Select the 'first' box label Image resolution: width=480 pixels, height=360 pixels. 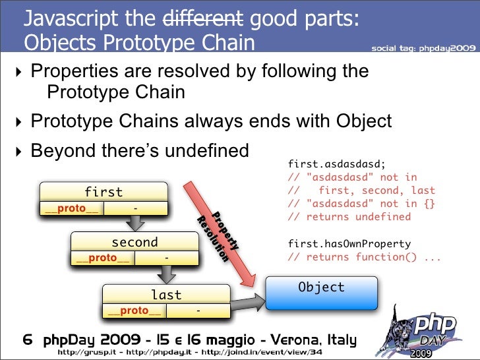tap(104, 192)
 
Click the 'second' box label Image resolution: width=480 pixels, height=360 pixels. tap(135, 242)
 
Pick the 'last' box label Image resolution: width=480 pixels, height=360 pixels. tap(166, 295)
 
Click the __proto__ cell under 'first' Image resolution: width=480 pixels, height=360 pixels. tap(71, 209)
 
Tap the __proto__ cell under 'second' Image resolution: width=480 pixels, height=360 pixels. tap(103, 258)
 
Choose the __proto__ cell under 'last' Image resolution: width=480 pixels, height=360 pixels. tap(135, 311)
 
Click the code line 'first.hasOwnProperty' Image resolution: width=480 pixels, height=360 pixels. tap(349, 243)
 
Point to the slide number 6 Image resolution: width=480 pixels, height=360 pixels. tap(28, 341)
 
